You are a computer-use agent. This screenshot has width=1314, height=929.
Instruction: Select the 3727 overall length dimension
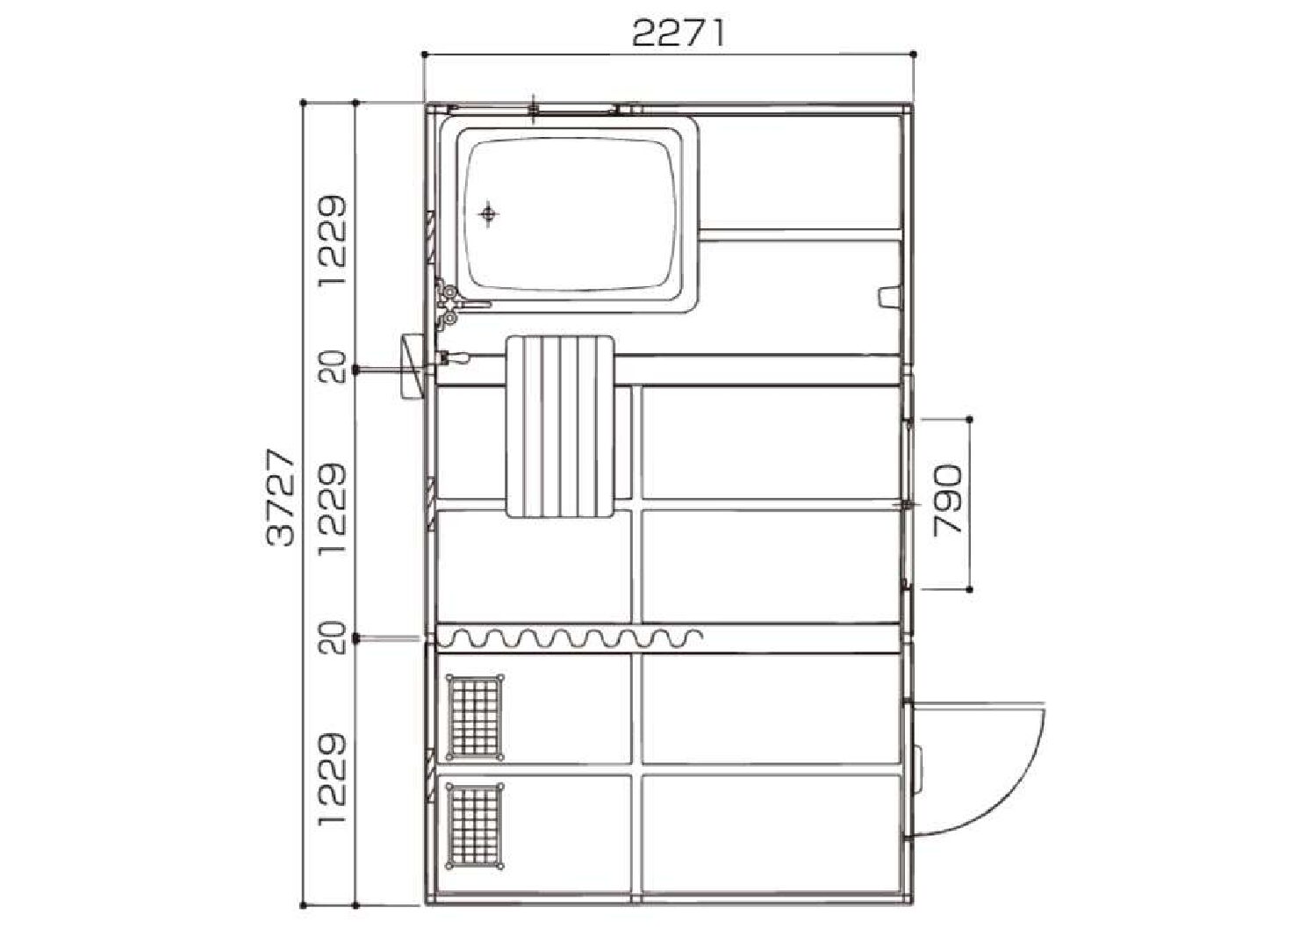point(280,498)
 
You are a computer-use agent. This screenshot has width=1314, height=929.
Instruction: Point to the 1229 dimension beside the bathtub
point(332,241)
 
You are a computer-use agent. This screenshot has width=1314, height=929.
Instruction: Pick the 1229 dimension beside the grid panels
point(332,780)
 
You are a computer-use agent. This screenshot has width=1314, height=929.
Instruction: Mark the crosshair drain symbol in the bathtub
point(488,213)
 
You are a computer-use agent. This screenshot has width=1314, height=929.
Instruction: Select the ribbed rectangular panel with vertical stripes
point(560,427)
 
